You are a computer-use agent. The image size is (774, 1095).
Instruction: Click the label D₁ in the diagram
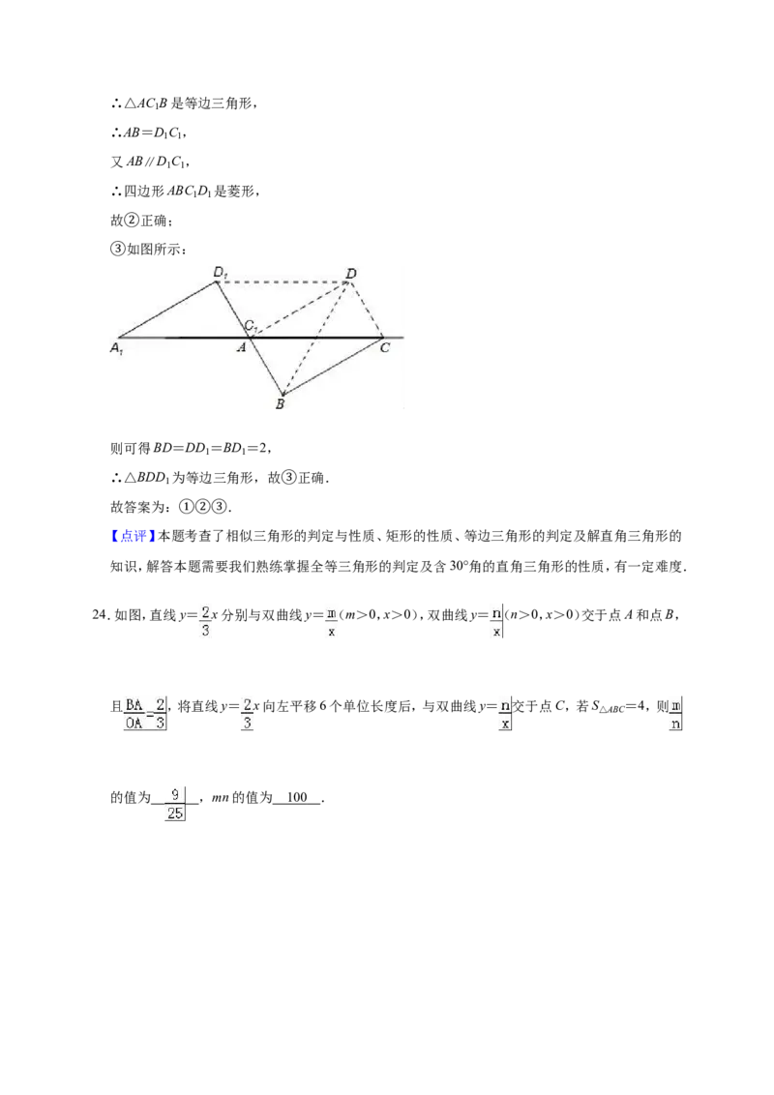pos(220,273)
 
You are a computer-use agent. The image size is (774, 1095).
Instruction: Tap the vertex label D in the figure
pos(351,273)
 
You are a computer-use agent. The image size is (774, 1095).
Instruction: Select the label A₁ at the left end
pos(117,348)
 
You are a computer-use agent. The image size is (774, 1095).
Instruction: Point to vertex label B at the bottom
pos(281,403)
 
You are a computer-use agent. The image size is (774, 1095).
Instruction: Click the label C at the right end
pos(385,347)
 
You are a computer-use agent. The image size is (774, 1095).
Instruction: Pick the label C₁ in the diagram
pos(252,326)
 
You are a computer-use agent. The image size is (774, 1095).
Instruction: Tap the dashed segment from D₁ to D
pos(283,282)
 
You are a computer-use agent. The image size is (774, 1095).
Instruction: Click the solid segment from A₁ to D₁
pos(168,311)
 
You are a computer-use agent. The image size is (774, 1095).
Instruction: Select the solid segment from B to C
pos(332,367)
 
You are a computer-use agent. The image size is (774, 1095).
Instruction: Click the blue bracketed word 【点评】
pos(134,536)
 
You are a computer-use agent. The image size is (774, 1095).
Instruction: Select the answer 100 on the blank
pos(297,797)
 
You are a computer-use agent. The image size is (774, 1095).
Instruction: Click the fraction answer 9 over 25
pos(175,804)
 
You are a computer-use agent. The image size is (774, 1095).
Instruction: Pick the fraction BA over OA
pos(134,714)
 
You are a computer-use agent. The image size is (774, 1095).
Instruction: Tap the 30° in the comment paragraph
pos(457,566)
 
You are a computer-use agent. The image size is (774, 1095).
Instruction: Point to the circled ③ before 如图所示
pos(117,250)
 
